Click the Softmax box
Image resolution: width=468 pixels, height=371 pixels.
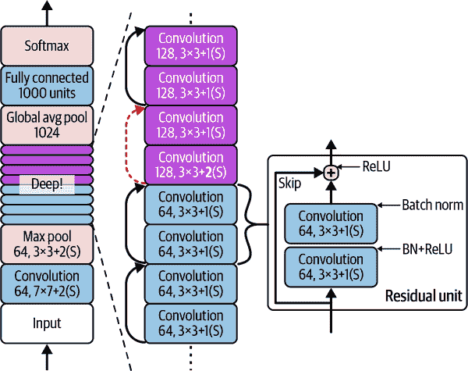click(x=47, y=46)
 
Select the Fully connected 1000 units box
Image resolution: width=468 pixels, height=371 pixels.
click(x=47, y=85)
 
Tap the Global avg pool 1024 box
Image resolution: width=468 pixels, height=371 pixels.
click(x=47, y=125)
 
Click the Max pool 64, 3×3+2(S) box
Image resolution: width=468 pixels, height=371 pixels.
click(x=47, y=244)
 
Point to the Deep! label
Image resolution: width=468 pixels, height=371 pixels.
click(x=47, y=184)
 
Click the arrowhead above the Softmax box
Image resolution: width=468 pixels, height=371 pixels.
click(x=47, y=6)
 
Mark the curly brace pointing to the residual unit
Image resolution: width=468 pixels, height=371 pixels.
click(x=251, y=227)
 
